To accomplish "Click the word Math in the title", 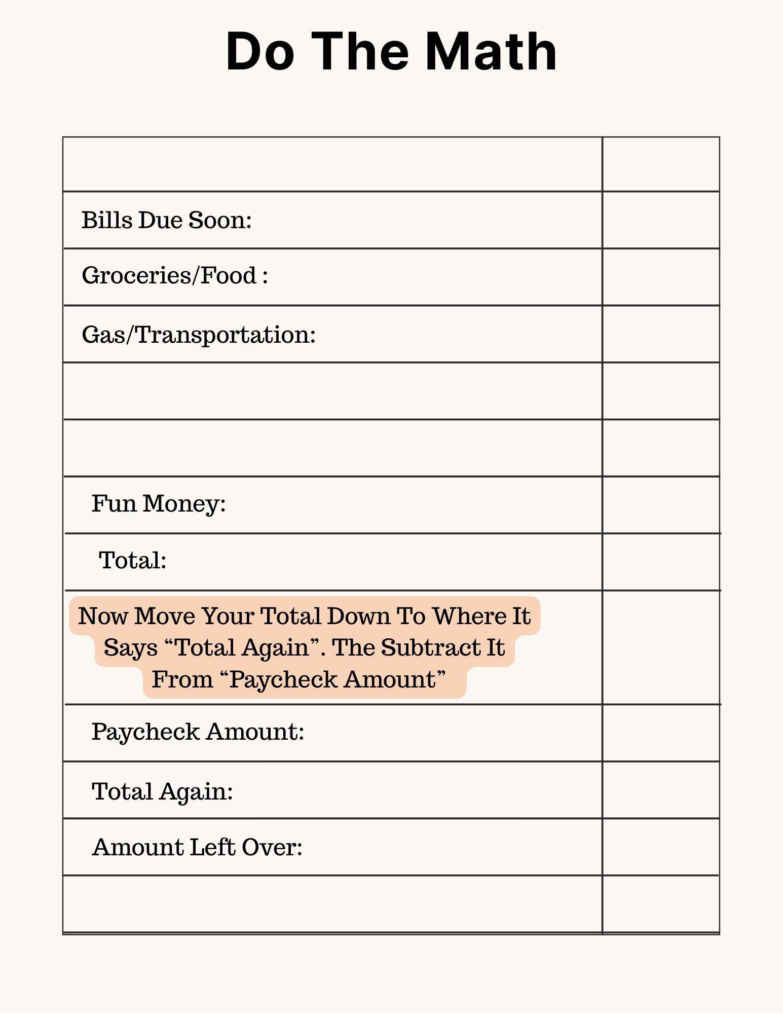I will tap(490, 52).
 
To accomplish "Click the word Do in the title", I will tap(259, 52).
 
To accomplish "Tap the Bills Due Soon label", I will tap(167, 220).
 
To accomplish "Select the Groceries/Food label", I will tap(175, 276).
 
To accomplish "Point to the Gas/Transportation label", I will tap(199, 335).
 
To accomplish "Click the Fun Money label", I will tap(159, 504).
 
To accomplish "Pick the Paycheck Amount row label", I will tap(198, 732).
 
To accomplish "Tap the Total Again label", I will tap(162, 791).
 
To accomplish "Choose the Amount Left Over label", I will tap(197, 847).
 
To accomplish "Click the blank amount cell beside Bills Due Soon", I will tap(661, 220).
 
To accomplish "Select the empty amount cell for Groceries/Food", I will tap(661, 277).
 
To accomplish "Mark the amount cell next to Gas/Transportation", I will tap(661, 334).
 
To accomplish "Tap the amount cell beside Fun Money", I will tap(661, 505).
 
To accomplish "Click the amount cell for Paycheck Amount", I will tap(661, 733).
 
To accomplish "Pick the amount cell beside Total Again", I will tap(661, 790).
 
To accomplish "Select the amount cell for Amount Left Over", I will tap(661, 847).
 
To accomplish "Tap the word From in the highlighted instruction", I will tap(182, 679).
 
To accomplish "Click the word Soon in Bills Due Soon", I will tap(220, 220).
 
